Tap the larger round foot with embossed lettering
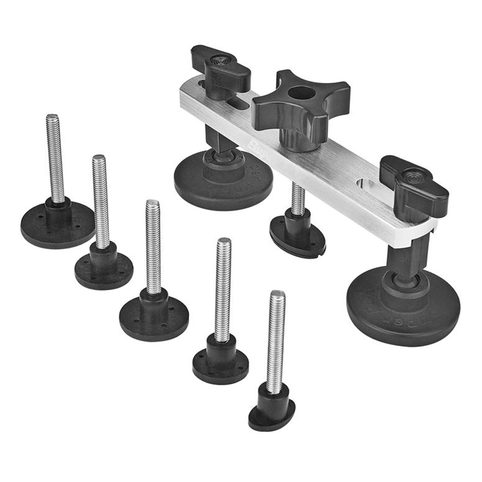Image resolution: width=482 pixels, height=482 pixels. point(403,308)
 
